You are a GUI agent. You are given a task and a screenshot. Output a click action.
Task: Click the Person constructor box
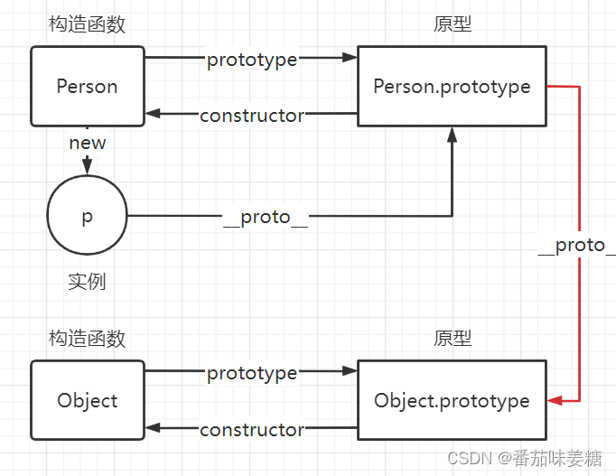[88, 87]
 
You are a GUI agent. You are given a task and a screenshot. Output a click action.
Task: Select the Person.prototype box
[452, 87]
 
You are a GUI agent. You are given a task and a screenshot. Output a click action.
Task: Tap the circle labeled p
[87, 217]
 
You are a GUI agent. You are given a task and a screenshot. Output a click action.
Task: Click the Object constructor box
[88, 400]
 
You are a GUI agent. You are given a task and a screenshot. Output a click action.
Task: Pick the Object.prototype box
[452, 400]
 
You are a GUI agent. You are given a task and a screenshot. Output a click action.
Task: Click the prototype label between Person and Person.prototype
[252, 60]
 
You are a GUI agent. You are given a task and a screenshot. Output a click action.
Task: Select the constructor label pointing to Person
[252, 115]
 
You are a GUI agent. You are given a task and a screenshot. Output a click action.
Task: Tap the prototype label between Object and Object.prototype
[252, 372]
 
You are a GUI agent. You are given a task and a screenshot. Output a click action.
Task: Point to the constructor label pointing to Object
[252, 429]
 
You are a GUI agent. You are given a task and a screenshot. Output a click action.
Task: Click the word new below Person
[88, 143]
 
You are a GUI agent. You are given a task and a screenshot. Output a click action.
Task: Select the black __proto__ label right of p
[266, 217]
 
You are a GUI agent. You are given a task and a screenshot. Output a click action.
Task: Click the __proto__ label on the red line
[575, 246]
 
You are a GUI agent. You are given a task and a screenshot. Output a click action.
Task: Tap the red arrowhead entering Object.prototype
[554, 400]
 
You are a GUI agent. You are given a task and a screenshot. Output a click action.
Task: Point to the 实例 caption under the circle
[87, 281]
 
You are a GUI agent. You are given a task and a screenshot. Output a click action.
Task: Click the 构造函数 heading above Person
[87, 24]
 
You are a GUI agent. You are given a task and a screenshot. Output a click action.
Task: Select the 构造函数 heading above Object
[87, 339]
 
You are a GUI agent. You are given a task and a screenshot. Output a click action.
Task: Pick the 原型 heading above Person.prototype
[452, 24]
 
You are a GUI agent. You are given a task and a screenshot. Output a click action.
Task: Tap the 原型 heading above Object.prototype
[452, 339]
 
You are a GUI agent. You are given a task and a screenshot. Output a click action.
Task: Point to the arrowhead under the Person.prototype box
[452, 134]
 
